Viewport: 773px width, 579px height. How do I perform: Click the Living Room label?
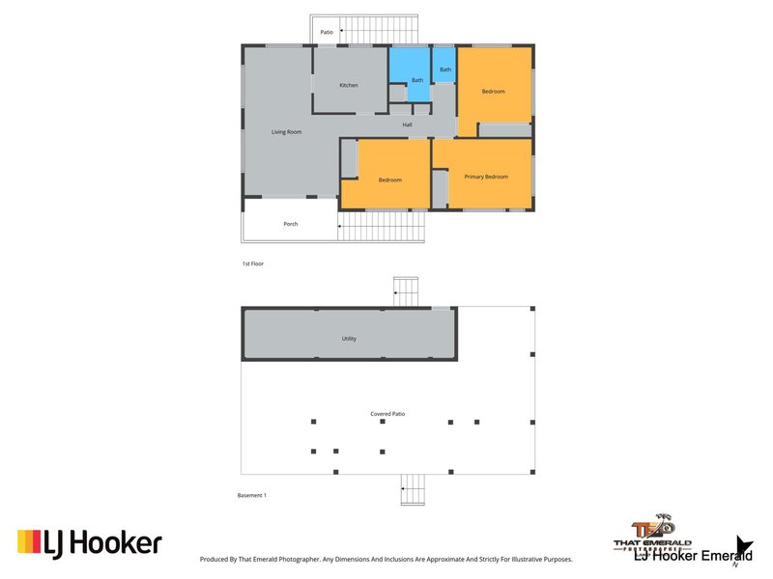[287, 131]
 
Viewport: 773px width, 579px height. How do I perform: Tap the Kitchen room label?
[348, 85]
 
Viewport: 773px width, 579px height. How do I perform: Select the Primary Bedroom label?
[485, 177]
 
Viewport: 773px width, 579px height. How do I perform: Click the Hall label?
[408, 124]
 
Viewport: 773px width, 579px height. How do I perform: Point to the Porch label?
[290, 224]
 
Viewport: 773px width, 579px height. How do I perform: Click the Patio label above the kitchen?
[327, 32]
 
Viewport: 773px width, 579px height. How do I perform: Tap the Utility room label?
[349, 339]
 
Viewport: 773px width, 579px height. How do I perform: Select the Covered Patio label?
[386, 413]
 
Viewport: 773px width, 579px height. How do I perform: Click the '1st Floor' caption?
[253, 262]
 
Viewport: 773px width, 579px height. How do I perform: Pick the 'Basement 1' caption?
[252, 495]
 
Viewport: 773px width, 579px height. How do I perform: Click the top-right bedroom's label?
[494, 91]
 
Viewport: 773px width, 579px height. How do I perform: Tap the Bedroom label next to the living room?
[389, 179]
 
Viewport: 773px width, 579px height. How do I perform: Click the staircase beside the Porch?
[383, 227]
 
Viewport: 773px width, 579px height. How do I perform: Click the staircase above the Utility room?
[406, 289]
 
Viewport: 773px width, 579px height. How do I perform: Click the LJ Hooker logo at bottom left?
[89, 543]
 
